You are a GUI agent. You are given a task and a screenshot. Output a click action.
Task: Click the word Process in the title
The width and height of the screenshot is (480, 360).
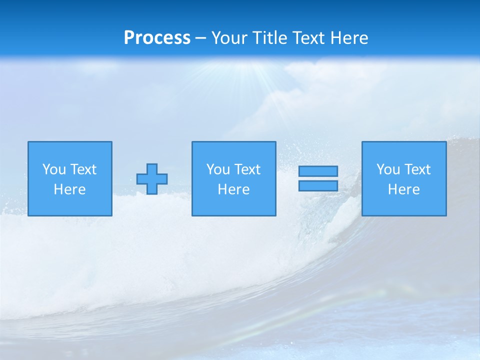pos(157,38)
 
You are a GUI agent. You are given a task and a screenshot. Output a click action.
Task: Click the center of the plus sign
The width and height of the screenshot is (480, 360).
pos(152,179)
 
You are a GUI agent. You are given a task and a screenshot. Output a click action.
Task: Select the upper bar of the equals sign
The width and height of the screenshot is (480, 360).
pos(318,171)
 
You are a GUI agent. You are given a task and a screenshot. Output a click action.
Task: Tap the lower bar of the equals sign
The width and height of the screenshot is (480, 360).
pos(318,186)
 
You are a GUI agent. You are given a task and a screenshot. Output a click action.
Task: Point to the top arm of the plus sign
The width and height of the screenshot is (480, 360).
pos(152,168)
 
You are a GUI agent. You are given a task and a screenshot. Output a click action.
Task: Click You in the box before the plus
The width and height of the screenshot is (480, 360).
pos(54,169)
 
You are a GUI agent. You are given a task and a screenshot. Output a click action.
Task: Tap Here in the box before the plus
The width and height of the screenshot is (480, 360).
pos(70,189)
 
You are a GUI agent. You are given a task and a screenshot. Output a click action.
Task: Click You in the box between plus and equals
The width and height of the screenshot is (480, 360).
pos(218,169)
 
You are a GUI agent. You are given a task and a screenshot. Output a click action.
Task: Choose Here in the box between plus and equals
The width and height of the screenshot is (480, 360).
pos(234,189)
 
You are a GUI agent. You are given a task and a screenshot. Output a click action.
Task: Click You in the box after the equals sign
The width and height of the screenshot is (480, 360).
pos(388,169)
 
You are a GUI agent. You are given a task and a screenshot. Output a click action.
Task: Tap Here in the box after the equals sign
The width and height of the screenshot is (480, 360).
pos(404,189)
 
